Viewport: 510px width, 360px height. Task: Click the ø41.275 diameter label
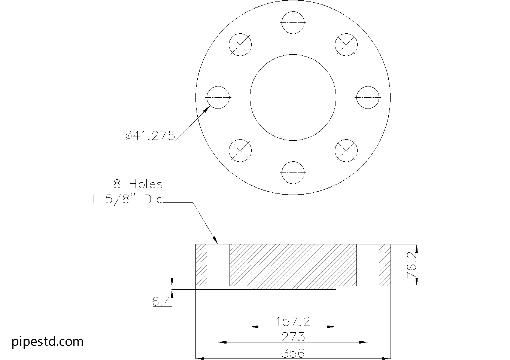[151, 135]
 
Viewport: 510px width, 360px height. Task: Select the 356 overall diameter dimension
[293, 353]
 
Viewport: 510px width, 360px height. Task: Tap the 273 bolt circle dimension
[293, 337]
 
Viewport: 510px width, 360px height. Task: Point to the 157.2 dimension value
[293, 321]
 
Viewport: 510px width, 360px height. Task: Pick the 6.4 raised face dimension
[162, 301]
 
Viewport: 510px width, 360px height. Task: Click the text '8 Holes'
[138, 184]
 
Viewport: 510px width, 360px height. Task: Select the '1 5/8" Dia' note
[127, 199]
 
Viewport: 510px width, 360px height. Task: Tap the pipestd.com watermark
[48, 341]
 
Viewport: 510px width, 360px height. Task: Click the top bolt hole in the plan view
[293, 22]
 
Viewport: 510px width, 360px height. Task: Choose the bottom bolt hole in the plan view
[293, 173]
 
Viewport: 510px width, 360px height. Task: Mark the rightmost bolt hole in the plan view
[368, 97]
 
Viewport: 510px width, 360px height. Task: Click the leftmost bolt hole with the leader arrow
[218, 97]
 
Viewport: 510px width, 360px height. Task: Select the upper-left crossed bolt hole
[240, 45]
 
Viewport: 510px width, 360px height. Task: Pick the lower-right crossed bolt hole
[346, 151]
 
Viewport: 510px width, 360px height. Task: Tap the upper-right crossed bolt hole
[346, 45]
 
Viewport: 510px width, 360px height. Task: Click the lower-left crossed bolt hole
[240, 151]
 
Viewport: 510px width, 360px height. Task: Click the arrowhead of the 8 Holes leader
[215, 240]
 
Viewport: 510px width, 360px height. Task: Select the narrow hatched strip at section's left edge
[201, 265]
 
